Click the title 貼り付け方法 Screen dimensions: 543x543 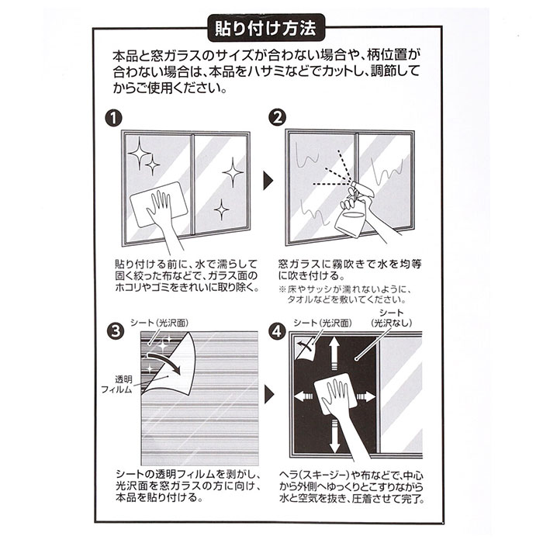click(x=265, y=29)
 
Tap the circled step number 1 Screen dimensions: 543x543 click(x=113, y=119)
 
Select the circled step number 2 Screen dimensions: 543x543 click(x=278, y=118)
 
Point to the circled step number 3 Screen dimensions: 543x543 click(x=116, y=331)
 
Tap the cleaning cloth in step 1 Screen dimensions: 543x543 click(x=159, y=205)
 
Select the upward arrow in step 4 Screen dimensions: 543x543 click(x=334, y=354)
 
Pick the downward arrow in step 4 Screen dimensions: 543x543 click(x=334, y=436)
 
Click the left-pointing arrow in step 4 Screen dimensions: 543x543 click(x=303, y=396)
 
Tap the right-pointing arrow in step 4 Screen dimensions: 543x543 click(x=366, y=396)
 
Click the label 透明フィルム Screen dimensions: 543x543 click(x=117, y=385)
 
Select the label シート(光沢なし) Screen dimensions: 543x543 click(x=392, y=318)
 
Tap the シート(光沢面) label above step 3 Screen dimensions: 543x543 click(x=160, y=323)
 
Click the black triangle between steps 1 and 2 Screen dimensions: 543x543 click(x=268, y=181)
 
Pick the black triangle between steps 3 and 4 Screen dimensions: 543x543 click(x=269, y=394)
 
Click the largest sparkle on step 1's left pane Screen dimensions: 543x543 click(x=139, y=153)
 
